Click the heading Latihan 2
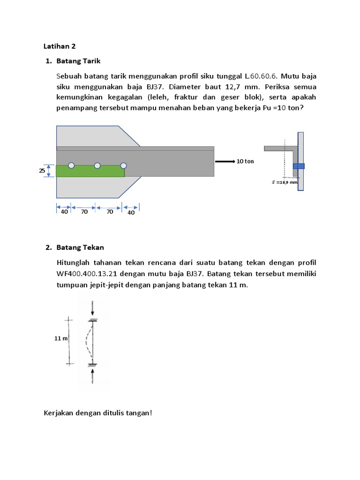tap(59, 46)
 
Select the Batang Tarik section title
tap(78, 61)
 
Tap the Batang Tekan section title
tap(80, 247)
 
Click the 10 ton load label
tap(245, 161)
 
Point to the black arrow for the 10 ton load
tap(225, 161)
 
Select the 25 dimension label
tap(42, 171)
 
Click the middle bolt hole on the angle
tap(97, 165)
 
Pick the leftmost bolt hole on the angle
tap(71, 165)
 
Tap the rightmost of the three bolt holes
tap(124, 165)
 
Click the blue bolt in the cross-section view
tap(299, 166)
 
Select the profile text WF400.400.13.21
tap(88, 273)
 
